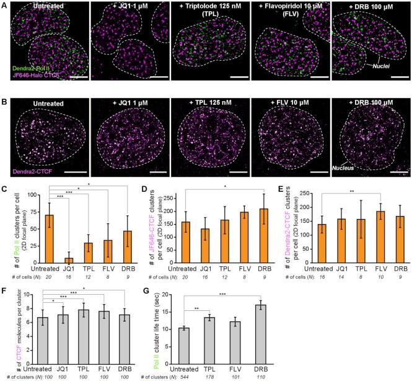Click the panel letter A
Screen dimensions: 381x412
pyautogui.click(x=5, y=5)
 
